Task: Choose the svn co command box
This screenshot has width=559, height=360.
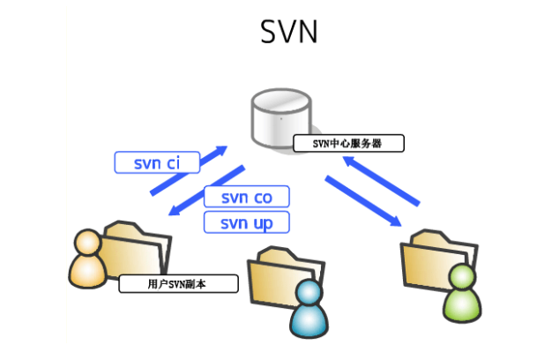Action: (246, 197)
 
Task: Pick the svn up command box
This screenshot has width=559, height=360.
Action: (246, 222)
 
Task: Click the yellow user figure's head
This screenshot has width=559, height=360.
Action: (86, 243)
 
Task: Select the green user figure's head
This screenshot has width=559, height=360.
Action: (461, 279)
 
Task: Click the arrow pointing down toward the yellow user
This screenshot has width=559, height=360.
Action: (207, 189)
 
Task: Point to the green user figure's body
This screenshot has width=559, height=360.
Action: (463, 305)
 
